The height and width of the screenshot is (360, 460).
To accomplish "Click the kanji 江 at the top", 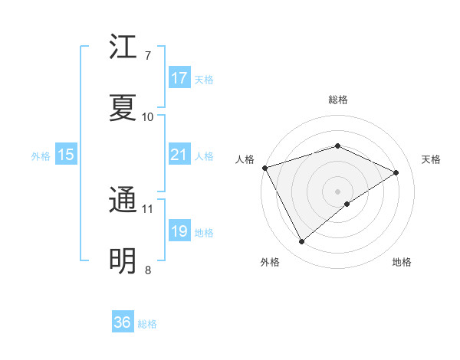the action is click(x=123, y=48).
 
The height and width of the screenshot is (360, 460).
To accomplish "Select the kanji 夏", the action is click(x=123, y=108).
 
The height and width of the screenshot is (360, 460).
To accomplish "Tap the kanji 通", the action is click(x=123, y=201).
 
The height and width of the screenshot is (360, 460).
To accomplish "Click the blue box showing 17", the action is click(x=179, y=78).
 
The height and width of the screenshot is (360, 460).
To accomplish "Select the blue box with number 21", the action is click(x=179, y=155).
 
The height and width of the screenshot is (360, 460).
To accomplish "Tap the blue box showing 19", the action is click(x=179, y=231).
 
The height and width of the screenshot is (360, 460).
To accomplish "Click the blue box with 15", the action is click(x=66, y=155).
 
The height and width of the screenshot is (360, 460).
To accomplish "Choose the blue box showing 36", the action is click(x=123, y=322).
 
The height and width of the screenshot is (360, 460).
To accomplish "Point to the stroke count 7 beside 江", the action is click(x=148, y=56).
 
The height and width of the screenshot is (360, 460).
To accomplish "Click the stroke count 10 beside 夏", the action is click(x=148, y=116).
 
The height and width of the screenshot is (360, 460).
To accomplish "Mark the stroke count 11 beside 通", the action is click(x=148, y=208).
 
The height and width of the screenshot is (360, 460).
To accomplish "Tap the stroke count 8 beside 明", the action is click(x=148, y=270).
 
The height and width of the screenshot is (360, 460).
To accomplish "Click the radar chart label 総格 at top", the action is click(x=337, y=100).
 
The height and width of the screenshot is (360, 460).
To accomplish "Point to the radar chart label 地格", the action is click(x=402, y=262).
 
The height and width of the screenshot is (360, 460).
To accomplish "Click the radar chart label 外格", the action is click(x=270, y=262).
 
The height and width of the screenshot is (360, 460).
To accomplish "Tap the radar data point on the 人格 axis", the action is click(x=264, y=168).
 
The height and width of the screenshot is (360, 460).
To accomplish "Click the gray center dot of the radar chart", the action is click(x=337, y=191).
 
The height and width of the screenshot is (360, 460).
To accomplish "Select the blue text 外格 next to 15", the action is click(x=41, y=156).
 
